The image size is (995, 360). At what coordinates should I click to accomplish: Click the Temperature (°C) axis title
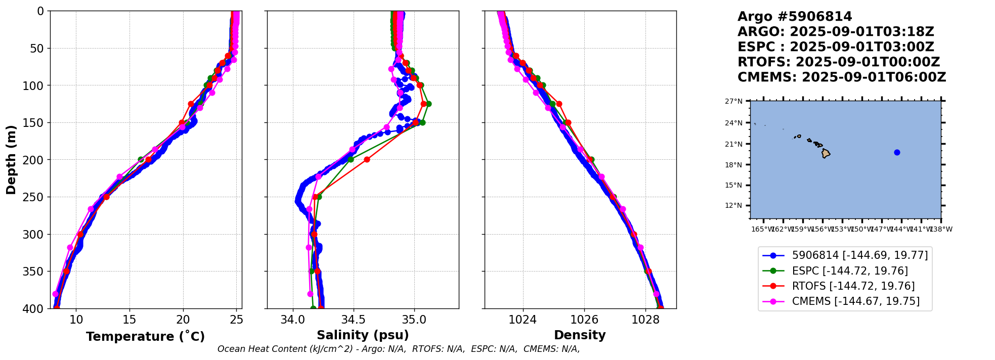click(x=145, y=337)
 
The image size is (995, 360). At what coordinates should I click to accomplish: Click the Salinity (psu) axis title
click(x=363, y=335)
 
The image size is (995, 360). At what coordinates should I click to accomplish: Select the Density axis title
click(x=580, y=335)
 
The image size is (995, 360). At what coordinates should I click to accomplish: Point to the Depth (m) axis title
click(x=11, y=160)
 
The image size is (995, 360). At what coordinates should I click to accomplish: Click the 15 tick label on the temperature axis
click(x=129, y=320)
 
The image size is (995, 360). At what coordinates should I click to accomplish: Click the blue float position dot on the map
click(x=897, y=152)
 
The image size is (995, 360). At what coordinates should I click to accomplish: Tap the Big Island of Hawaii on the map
click(x=826, y=153)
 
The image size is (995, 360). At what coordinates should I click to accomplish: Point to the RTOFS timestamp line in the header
click(x=839, y=62)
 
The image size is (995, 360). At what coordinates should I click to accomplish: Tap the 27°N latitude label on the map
click(x=733, y=101)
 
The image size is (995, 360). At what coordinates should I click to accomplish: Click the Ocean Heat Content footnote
click(x=399, y=349)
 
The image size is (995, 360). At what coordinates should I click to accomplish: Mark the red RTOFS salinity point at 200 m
click(x=367, y=160)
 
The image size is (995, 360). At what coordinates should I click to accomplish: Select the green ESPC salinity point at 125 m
click(x=428, y=104)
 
